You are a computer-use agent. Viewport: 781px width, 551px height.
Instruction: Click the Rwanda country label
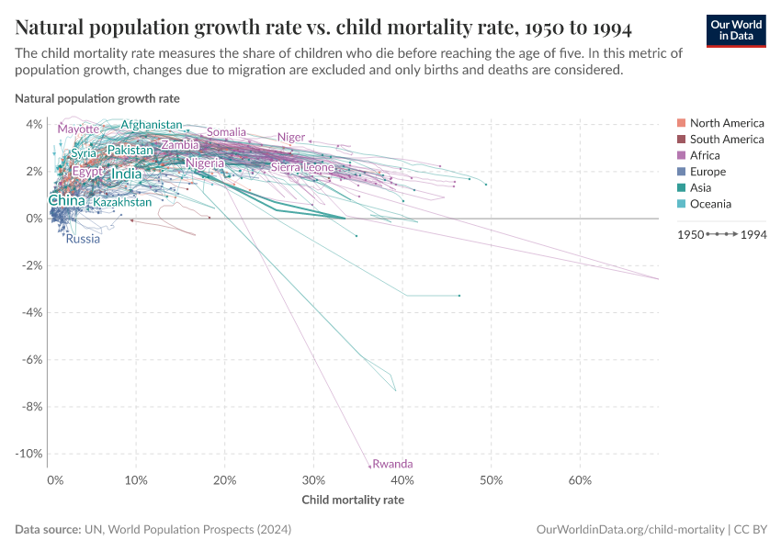point(393,464)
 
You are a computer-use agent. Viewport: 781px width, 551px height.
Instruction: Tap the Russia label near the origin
point(83,239)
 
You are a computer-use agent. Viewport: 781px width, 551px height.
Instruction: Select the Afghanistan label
point(152,125)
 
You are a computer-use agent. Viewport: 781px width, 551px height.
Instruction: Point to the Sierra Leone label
point(302,167)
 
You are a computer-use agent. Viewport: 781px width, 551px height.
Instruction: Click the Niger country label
point(291,137)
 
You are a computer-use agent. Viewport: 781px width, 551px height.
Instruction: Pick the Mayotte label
point(78,129)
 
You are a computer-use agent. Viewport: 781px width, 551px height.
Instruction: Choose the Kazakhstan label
point(122,201)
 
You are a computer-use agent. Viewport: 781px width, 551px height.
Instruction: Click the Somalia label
point(226,132)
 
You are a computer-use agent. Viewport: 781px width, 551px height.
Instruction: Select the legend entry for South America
point(726,140)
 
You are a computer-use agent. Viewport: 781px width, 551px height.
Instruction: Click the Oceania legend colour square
point(681,204)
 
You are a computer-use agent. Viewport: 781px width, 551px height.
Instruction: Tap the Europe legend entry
point(707,172)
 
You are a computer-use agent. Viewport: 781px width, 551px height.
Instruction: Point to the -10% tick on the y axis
point(29,454)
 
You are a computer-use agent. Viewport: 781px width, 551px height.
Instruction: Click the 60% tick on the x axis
point(580,479)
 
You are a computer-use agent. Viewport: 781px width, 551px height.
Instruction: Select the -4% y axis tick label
point(32,312)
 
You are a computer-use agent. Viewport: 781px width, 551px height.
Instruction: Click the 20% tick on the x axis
point(225,479)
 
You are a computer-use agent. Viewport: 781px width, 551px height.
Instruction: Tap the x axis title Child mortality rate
point(353,500)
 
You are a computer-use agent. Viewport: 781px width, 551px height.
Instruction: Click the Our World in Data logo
point(735,29)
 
